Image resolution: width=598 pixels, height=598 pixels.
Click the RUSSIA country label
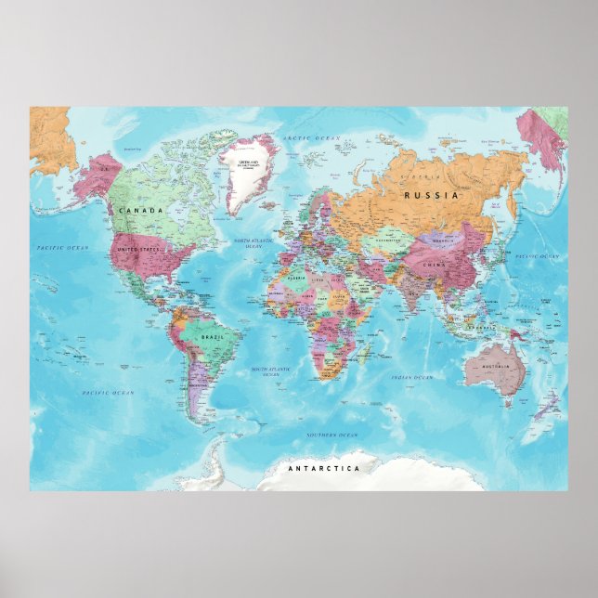point(432,196)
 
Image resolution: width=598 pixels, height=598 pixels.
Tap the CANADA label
point(140,211)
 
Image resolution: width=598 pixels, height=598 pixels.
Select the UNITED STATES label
point(138,250)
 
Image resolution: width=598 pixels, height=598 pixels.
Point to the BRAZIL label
point(212,336)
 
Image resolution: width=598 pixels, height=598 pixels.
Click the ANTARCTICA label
point(323,469)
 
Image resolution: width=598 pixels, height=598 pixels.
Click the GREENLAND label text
point(249,163)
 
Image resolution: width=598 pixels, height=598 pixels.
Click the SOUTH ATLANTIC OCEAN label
point(270,371)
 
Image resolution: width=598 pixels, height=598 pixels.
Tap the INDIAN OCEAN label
point(411,378)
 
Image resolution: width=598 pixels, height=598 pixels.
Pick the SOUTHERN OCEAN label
point(331,435)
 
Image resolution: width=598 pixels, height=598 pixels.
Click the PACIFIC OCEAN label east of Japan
point(538,255)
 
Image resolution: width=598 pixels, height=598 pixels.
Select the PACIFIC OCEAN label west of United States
point(62,248)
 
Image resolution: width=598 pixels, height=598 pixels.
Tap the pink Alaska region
point(96,176)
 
